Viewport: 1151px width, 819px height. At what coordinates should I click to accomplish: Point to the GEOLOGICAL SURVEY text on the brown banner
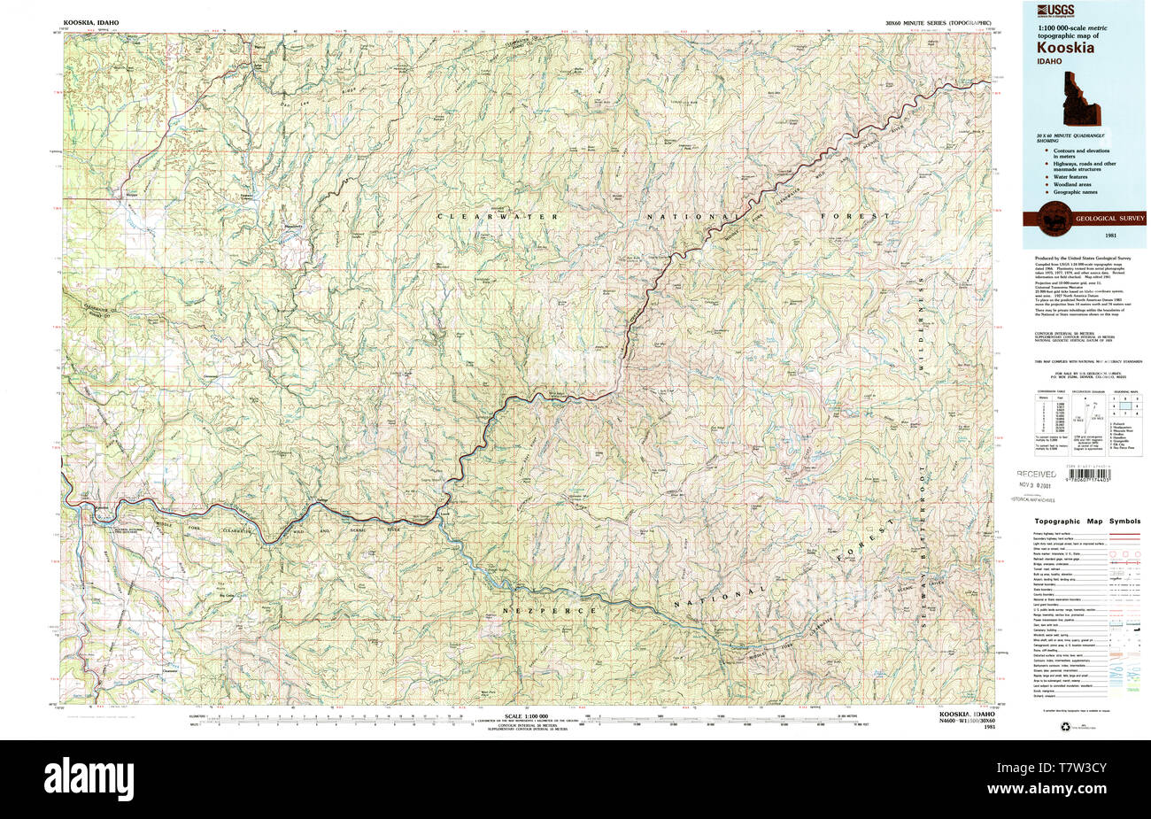1109,217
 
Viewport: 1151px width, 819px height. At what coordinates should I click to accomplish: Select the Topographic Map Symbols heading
1085,522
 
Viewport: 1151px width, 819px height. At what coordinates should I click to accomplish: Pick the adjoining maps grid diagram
1124,409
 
